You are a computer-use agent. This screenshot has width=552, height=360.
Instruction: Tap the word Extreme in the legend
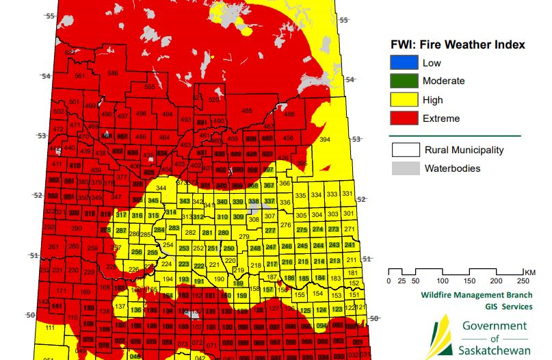click(441, 118)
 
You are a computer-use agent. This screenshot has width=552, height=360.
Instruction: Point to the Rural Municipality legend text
click(464, 150)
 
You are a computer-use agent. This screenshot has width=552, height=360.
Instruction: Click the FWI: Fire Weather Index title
click(452, 44)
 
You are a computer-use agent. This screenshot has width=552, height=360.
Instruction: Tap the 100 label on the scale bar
click(443, 281)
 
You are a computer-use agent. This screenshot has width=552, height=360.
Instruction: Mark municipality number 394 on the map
click(325, 140)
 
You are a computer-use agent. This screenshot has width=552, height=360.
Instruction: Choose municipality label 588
click(112, 73)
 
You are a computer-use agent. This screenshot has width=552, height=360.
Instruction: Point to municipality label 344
click(161, 188)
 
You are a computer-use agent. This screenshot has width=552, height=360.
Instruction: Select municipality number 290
click(76, 228)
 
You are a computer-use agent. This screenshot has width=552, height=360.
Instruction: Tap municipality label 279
click(244, 236)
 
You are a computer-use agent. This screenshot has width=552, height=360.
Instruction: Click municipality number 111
click(50, 329)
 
